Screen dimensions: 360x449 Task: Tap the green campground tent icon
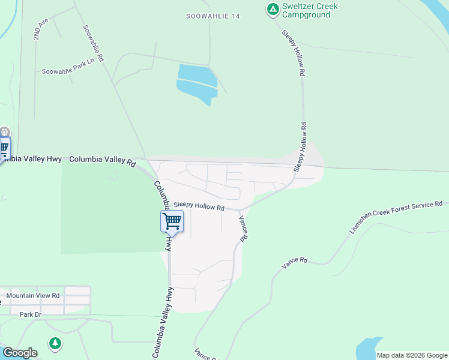tap(271, 9)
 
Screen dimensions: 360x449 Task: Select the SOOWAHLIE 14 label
tap(212, 16)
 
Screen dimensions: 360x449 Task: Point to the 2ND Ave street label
tap(40, 29)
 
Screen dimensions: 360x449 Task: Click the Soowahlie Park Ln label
tap(68, 71)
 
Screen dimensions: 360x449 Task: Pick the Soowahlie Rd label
tap(94, 43)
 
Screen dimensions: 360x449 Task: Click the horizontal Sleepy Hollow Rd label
tap(199, 206)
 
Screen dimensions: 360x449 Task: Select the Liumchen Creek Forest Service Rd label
tap(396, 217)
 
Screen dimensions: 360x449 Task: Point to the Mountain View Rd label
tap(33, 295)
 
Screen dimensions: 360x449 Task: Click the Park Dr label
tap(29, 314)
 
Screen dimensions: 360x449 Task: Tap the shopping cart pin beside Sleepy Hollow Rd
tap(172, 221)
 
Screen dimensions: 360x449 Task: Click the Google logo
tap(20, 353)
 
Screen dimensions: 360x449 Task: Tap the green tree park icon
tap(55, 343)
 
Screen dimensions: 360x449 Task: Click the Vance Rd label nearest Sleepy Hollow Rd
tap(243, 229)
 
